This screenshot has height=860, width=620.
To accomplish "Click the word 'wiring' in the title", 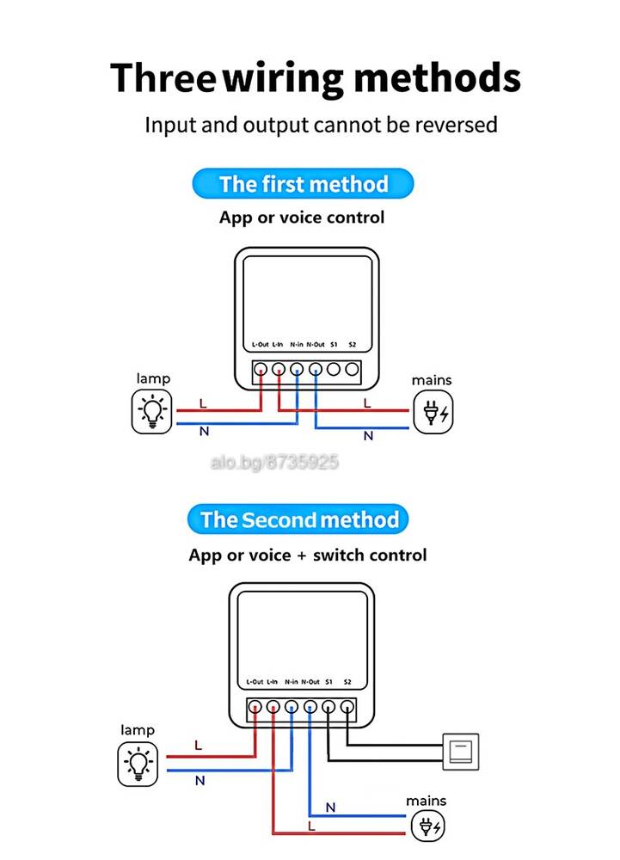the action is pos(283,79).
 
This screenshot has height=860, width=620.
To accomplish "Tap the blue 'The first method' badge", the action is pos(304,184).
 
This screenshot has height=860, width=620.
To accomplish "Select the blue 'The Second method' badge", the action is pos(298,519).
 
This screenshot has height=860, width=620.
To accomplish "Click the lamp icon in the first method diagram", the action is pos(152,411).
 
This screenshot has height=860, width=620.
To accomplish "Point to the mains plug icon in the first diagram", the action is pos(433,412).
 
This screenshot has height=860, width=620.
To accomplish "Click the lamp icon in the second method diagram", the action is pos(138,764).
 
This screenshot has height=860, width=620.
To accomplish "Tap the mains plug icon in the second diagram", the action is pos(427,826).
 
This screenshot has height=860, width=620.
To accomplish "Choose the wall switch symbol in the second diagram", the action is pos(460,751).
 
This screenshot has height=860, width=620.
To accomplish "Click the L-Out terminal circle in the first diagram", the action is pos(261,369).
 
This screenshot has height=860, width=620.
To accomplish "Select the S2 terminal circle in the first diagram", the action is pos(352,369).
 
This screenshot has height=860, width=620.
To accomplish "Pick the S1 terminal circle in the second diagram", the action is pos(328,707).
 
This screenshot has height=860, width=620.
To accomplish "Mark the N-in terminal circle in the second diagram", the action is pos(292,707).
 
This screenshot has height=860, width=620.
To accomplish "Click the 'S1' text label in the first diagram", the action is pos(334,345).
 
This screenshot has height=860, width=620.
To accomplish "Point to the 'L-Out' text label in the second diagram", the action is pos(255,682).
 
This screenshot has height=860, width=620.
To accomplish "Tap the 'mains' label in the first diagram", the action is pos(432,380).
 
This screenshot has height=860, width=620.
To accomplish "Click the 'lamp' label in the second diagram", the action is pos(138,730).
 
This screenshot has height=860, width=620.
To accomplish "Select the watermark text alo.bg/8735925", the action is pos(274,463).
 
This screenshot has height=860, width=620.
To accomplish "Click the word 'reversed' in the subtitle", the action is pos(456,125).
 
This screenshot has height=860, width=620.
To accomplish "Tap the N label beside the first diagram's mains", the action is pos(368,436).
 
